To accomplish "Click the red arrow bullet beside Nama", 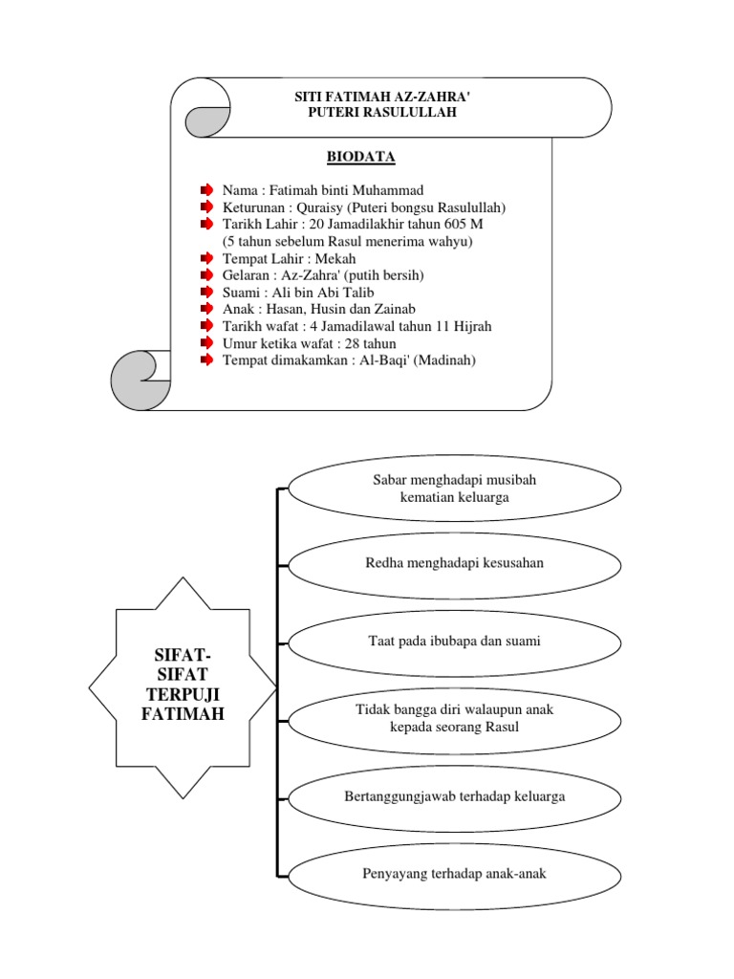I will pyautogui.click(x=206, y=190).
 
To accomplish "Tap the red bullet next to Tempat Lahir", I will pyautogui.click(x=206, y=258).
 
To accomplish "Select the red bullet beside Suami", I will pyautogui.click(x=206, y=292).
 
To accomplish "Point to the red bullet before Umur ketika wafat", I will pyautogui.click(x=206, y=342).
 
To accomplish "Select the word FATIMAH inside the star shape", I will pyautogui.click(x=183, y=713).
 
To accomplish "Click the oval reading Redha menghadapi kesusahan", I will pyautogui.click(x=454, y=563).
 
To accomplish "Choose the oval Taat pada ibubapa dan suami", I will pyautogui.click(x=454, y=642).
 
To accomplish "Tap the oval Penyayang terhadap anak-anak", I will pyautogui.click(x=454, y=873).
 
